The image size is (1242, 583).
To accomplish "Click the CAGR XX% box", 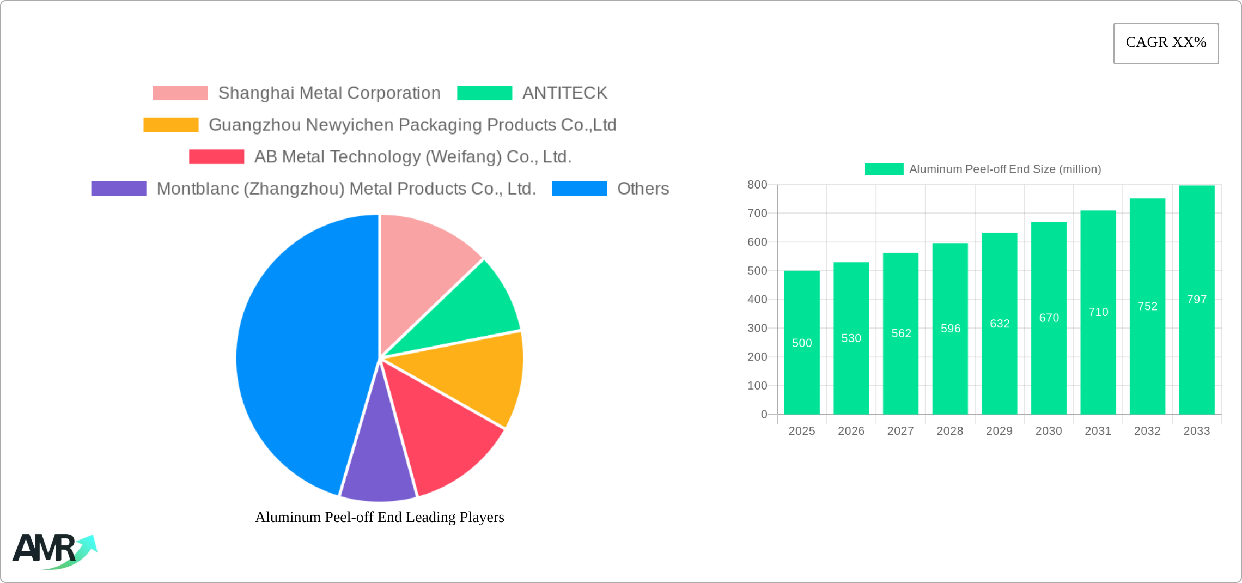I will (x=1166, y=43).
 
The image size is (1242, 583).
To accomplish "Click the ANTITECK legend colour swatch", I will (x=484, y=93).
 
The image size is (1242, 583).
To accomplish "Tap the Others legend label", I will (x=643, y=189).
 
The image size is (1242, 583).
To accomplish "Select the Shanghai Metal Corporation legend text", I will (x=329, y=93).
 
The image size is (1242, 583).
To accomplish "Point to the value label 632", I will (x=1000, y=324).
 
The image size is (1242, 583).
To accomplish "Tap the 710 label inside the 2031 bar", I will (x=1098, y=312).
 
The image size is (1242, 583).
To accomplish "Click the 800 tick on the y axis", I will (x=757, y=185).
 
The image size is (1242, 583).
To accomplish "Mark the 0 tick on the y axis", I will (x=764, y=415).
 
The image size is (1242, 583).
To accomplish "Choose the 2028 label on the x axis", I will (x=950, y=431).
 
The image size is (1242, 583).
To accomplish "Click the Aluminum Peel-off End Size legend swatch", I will (x=884, y=169).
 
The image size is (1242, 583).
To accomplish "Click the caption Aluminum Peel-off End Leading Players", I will (x=380, y=517).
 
